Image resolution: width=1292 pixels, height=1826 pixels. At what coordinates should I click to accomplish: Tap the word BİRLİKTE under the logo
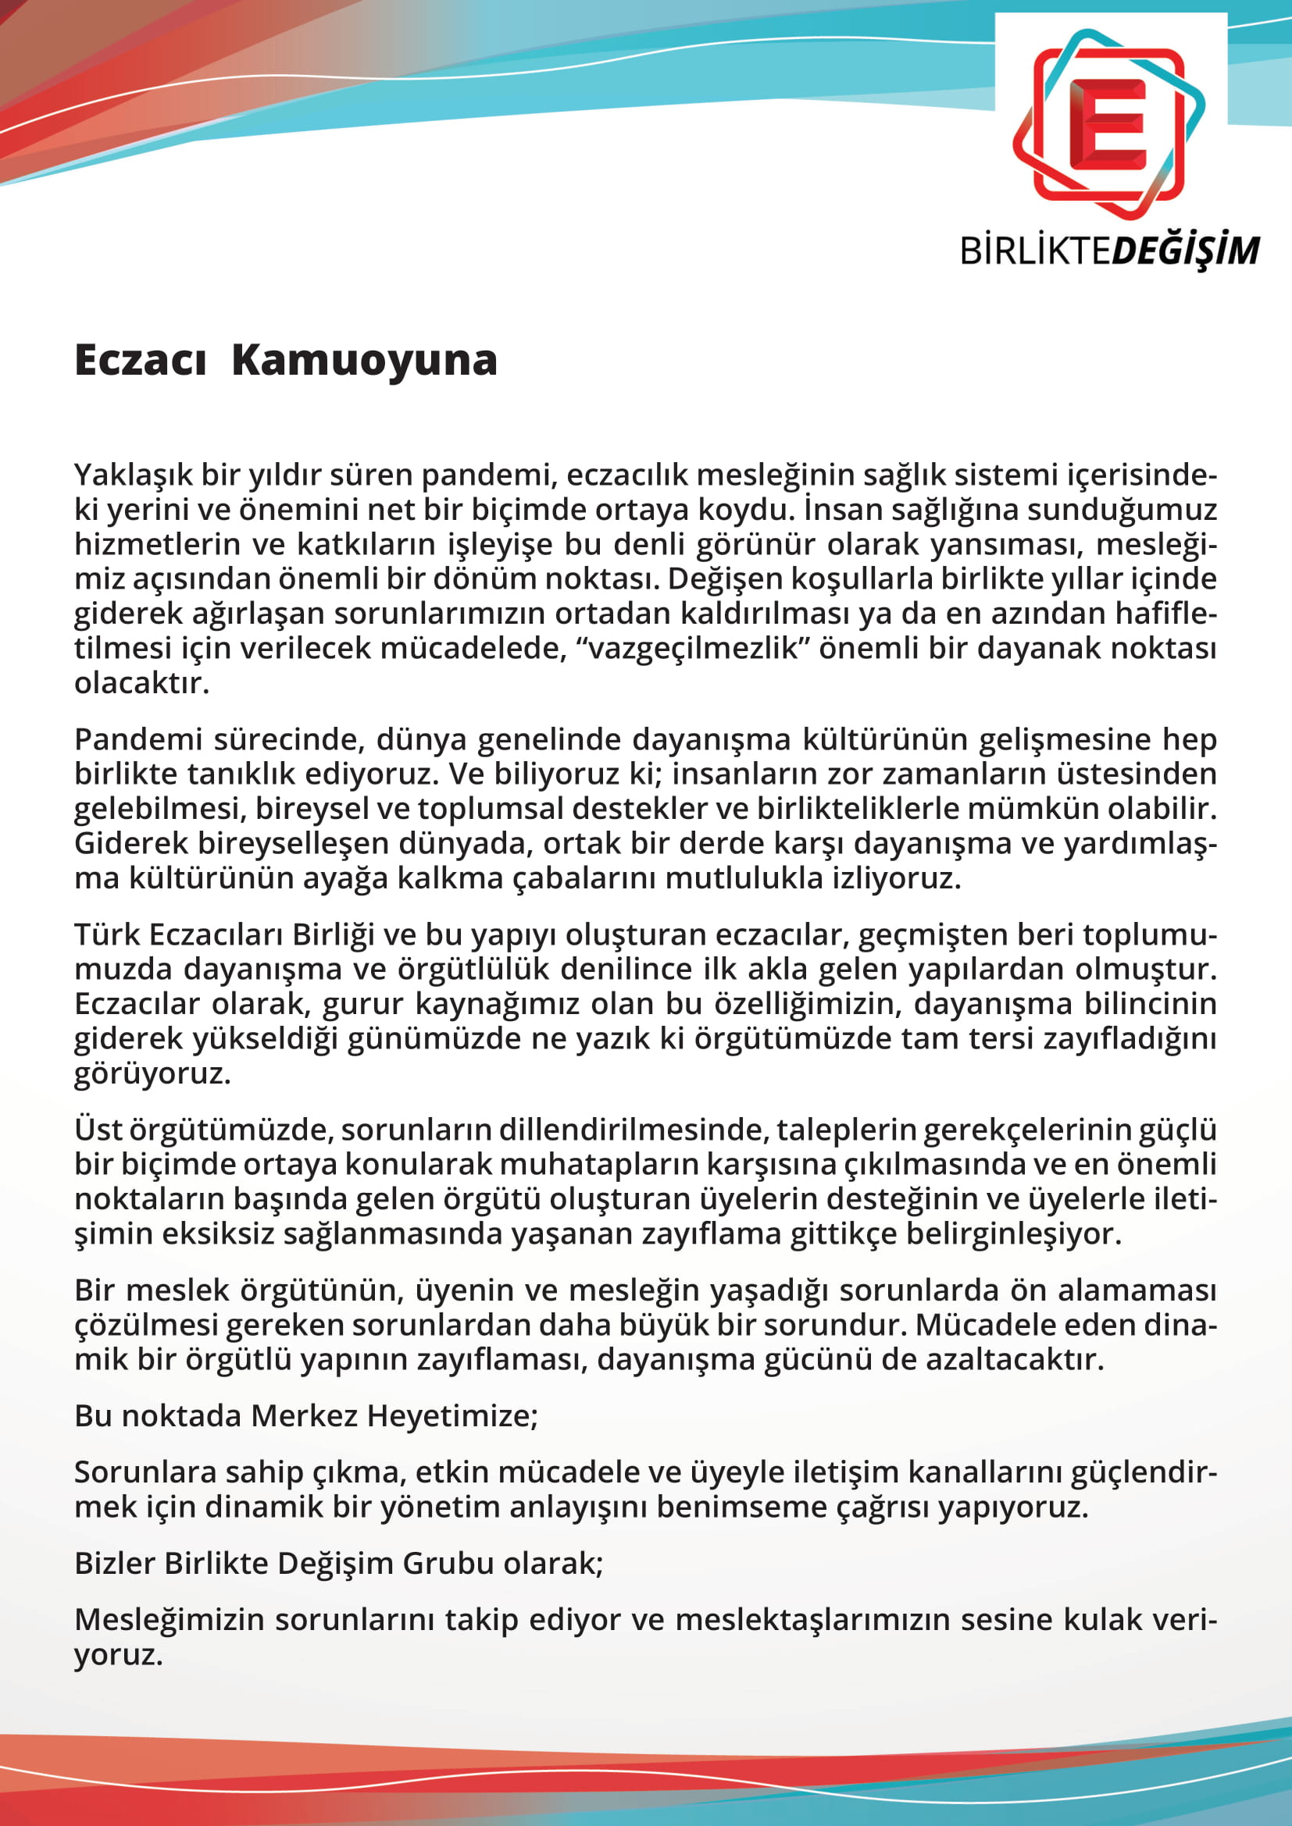coord(1035,251)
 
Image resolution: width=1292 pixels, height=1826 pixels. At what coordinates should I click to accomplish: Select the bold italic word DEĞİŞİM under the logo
coord(1185,251)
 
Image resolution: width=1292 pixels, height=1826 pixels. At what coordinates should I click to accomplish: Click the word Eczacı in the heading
coord(141,360)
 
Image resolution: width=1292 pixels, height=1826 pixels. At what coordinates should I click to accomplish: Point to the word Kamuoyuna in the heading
coord(364,360)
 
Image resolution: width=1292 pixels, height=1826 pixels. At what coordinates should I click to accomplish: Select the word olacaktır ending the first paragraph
coord(141,683)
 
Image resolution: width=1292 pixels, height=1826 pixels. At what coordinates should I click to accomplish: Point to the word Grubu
coord(449,1564)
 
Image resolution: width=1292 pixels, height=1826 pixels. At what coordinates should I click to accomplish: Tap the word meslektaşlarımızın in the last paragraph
coord(812,1620)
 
